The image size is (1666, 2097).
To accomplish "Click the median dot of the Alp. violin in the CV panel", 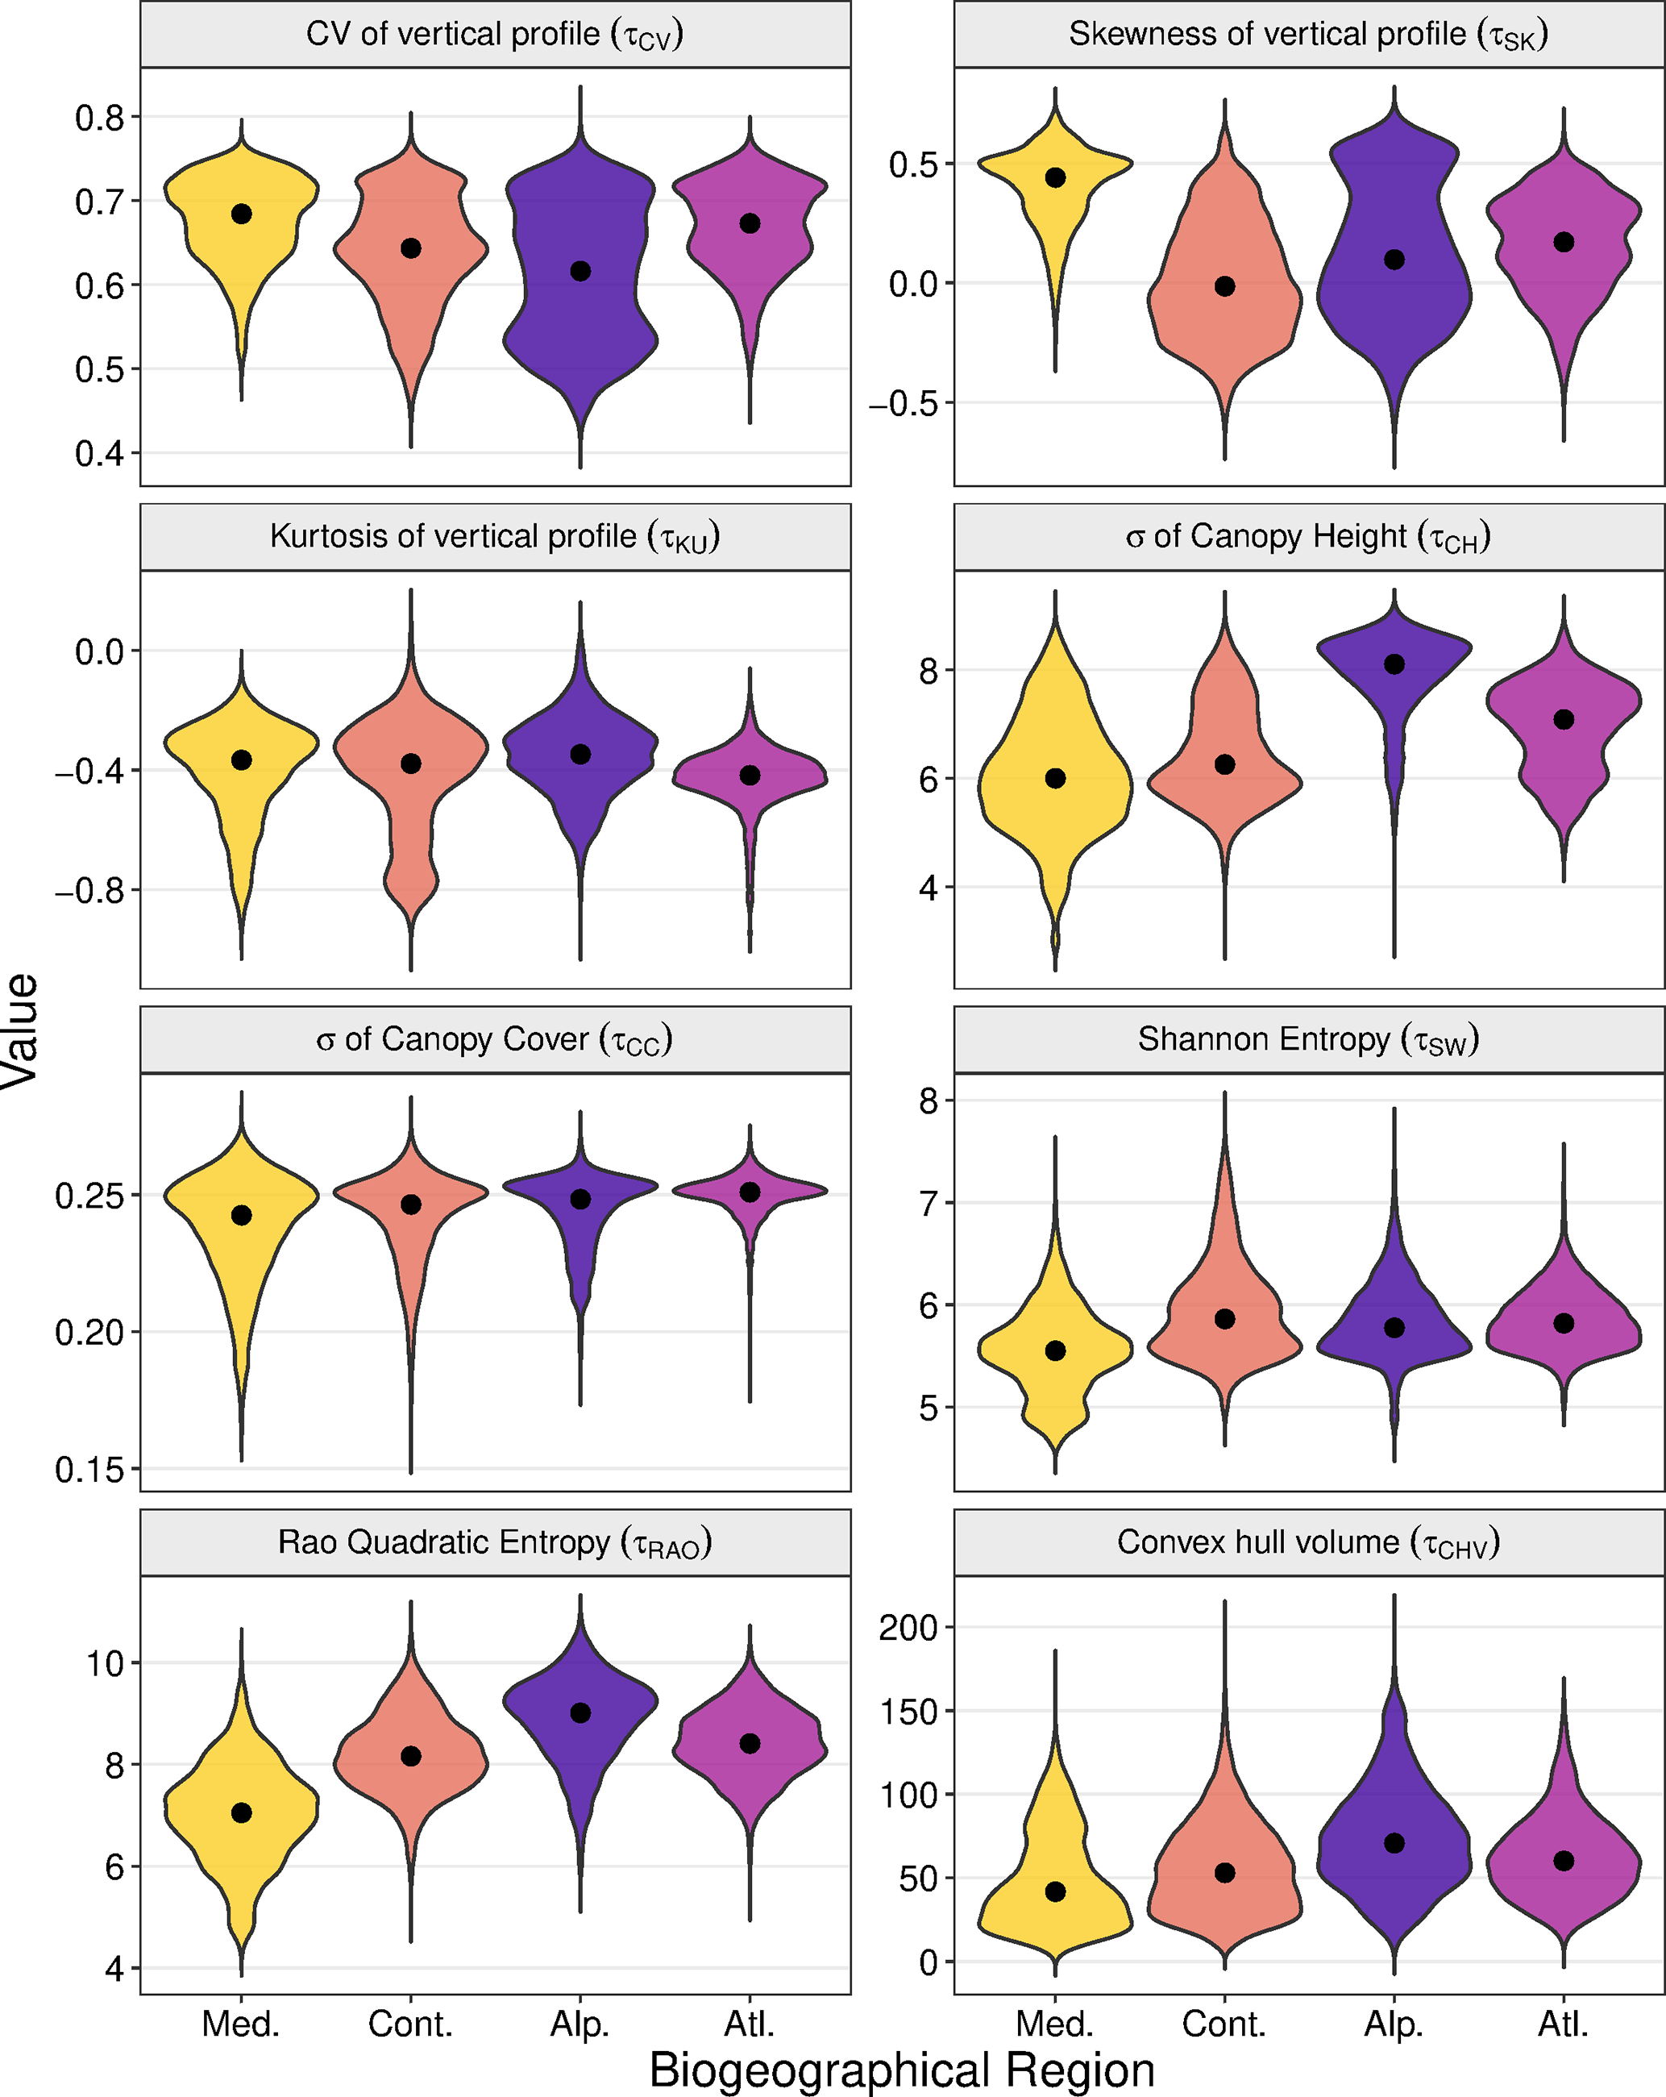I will tap(580, 272).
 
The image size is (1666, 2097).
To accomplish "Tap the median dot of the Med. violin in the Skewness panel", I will tap(1055, 177).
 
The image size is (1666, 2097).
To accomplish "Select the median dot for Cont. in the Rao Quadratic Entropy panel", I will tap(411, 1757).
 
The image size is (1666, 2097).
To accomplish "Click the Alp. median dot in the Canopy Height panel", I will tap(1394, 664).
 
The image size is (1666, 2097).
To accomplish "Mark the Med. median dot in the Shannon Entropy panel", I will tap(1055, 1351).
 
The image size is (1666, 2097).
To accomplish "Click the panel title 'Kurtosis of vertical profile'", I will tap(495, 537).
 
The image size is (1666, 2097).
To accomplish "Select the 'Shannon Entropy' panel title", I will tap(1308, 1040).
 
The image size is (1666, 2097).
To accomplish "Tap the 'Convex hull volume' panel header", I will tap(1308, 1542).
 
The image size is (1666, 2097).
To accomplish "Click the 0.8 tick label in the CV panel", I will tap(100, 118).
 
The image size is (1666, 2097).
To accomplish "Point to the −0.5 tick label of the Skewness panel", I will tap(904, 404).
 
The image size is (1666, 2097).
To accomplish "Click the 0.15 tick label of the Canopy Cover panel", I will tap(90, 1470).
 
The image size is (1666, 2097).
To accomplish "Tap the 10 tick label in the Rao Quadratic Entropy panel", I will tap(106, 1664).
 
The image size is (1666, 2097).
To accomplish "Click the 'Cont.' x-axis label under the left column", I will tap(410, 2025).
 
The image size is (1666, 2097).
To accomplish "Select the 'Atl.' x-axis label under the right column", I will tap(1563, 2025).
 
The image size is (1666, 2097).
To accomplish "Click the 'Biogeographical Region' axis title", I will tap(902, 2070).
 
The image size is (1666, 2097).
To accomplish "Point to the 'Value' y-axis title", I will tap(22, 1031).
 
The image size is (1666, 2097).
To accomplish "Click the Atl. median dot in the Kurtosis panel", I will tap(750, 776).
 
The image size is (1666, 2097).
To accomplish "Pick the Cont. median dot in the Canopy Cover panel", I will tap(411, 1205).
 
